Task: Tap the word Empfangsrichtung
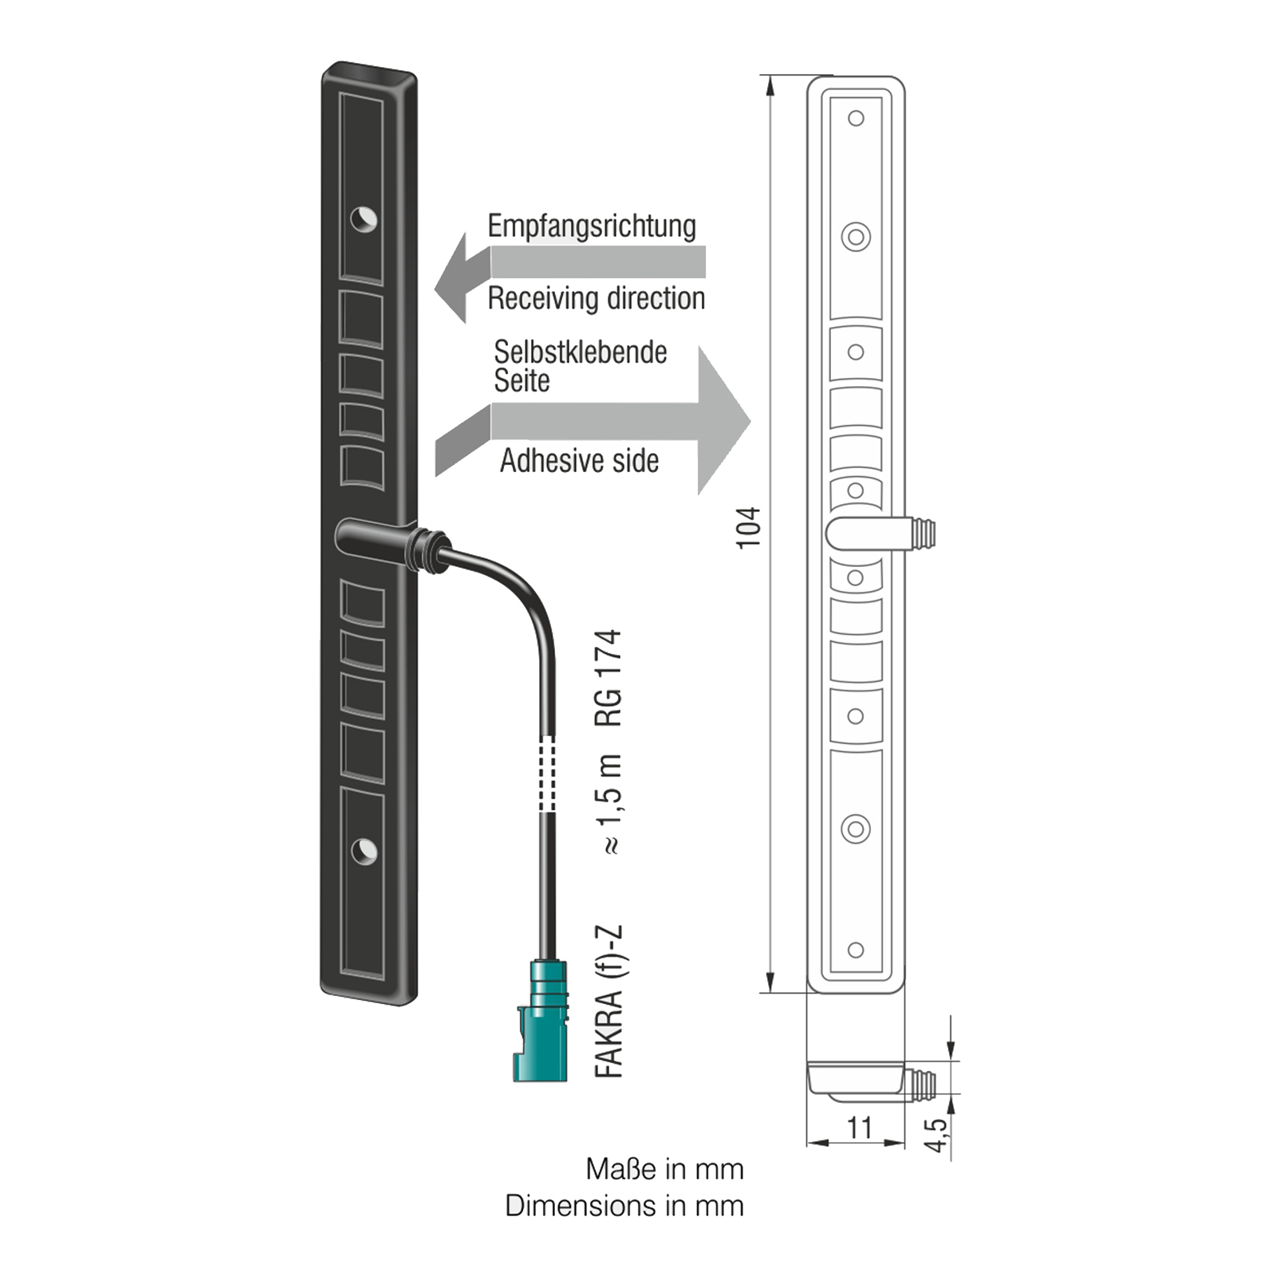[592, 226]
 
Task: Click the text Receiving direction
[597, 299]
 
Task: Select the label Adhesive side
[580, 461]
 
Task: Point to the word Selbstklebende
[581, 352]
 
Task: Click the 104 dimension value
[749, 527]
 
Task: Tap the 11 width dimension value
[860, 1128]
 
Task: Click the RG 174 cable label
[608, 678]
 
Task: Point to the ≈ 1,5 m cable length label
[608, 804]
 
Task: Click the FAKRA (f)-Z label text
[608, 1002]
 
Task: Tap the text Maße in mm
[664, 1169]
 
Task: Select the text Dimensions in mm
[624, 1206]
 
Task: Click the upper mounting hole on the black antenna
[364, 219]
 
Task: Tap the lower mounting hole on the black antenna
[364, 850]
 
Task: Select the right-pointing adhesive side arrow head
[722, 421]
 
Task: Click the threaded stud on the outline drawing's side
[923, 533]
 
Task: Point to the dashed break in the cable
[546, 773]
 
